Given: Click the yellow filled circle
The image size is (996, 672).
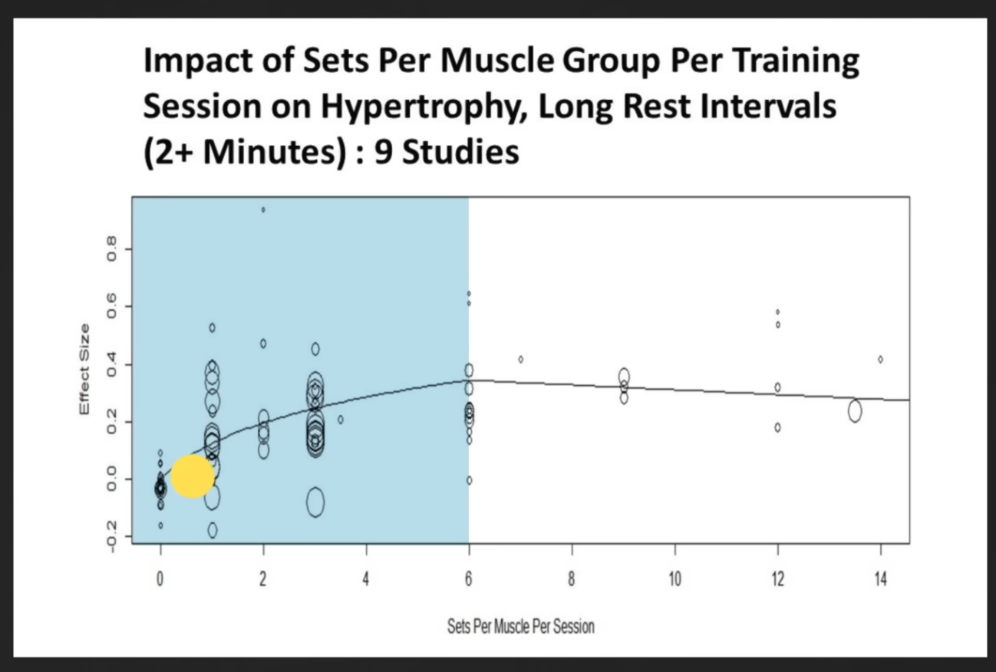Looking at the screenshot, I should (x=192, y=476).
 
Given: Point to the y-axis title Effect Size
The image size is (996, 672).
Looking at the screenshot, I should (x=84, y=370).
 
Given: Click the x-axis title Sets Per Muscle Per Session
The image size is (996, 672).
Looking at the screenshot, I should (x=520, y=627).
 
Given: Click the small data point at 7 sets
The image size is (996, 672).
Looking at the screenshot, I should (x=520, y=359).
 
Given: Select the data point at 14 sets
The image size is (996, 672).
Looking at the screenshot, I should (x=880, y=359).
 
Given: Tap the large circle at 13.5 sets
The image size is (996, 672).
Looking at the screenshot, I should (x=855, y=411).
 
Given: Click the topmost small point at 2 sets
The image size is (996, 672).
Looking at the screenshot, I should (x=263, y=209).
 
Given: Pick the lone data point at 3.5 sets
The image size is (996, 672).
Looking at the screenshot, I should (x=341, y=420).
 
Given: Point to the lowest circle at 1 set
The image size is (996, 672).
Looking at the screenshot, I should (x=212, y=530).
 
